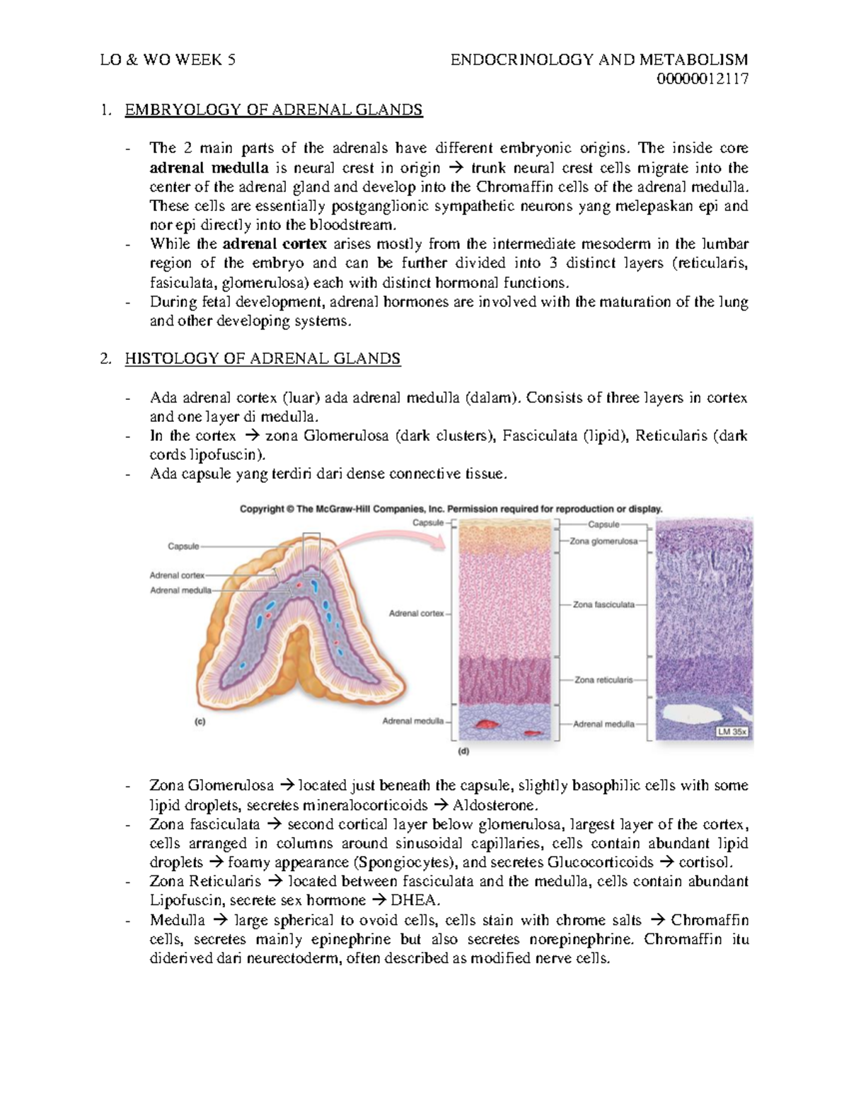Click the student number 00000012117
pos(702,79)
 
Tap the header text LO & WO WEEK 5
pos(168,59)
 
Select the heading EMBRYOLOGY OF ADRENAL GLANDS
pos(273,110)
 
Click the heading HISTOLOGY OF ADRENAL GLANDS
pos(262,359)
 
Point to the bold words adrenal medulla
pos(209,168)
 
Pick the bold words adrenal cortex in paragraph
pos(275,244)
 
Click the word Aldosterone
pos(495,805)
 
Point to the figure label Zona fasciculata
pos(603,605)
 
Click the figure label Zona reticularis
pos(603,679)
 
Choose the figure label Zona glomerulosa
pos(603,541)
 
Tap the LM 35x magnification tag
pos(732,732)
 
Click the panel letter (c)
pos(200,723)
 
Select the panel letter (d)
pos(463,752)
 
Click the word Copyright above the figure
pos(262,509)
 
